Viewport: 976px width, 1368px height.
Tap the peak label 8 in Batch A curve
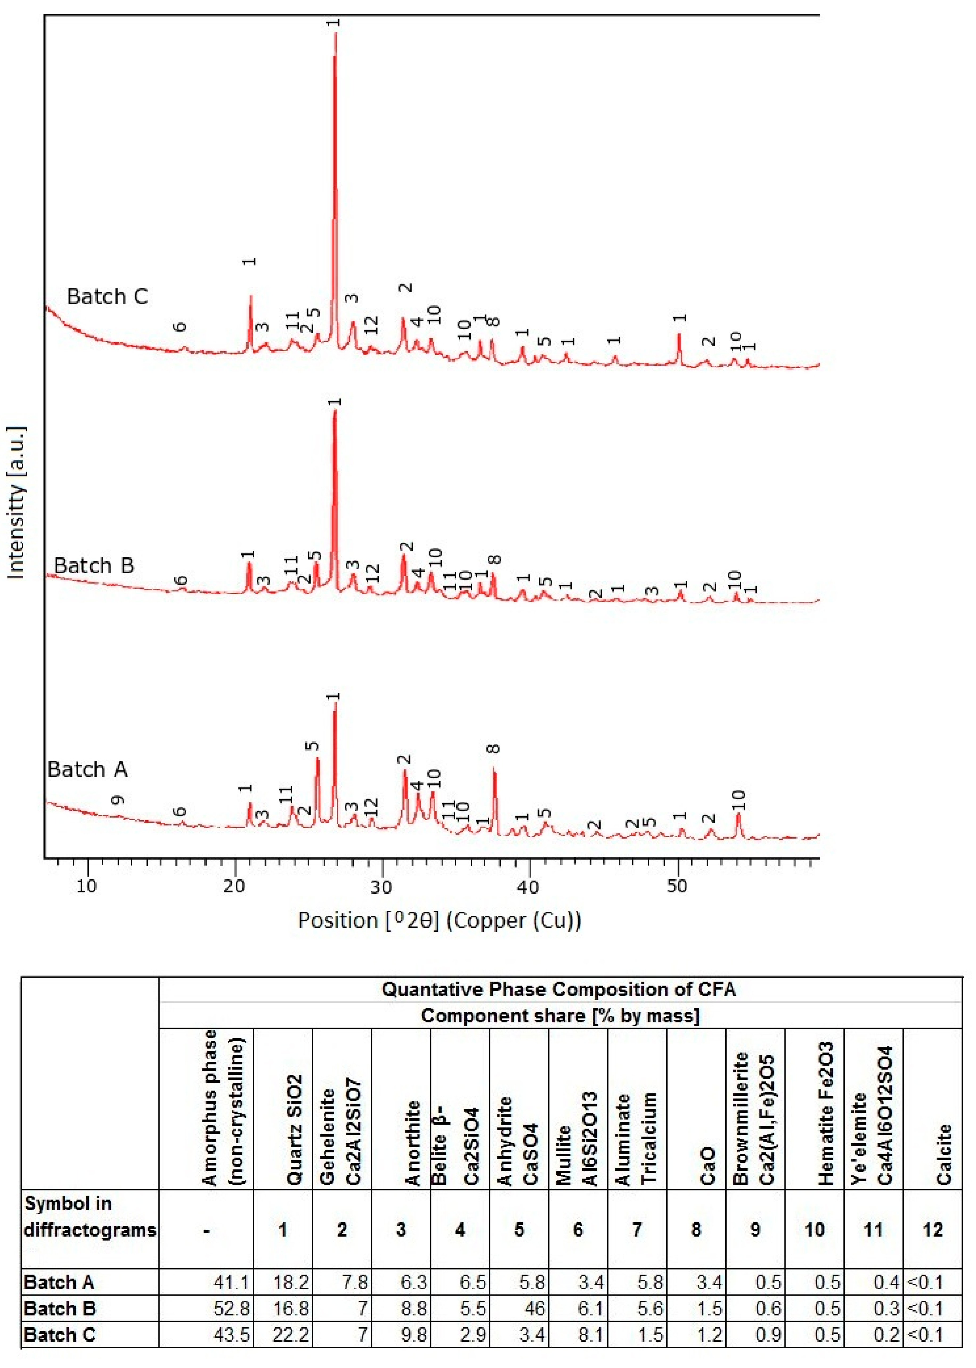tap(494, 749)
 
